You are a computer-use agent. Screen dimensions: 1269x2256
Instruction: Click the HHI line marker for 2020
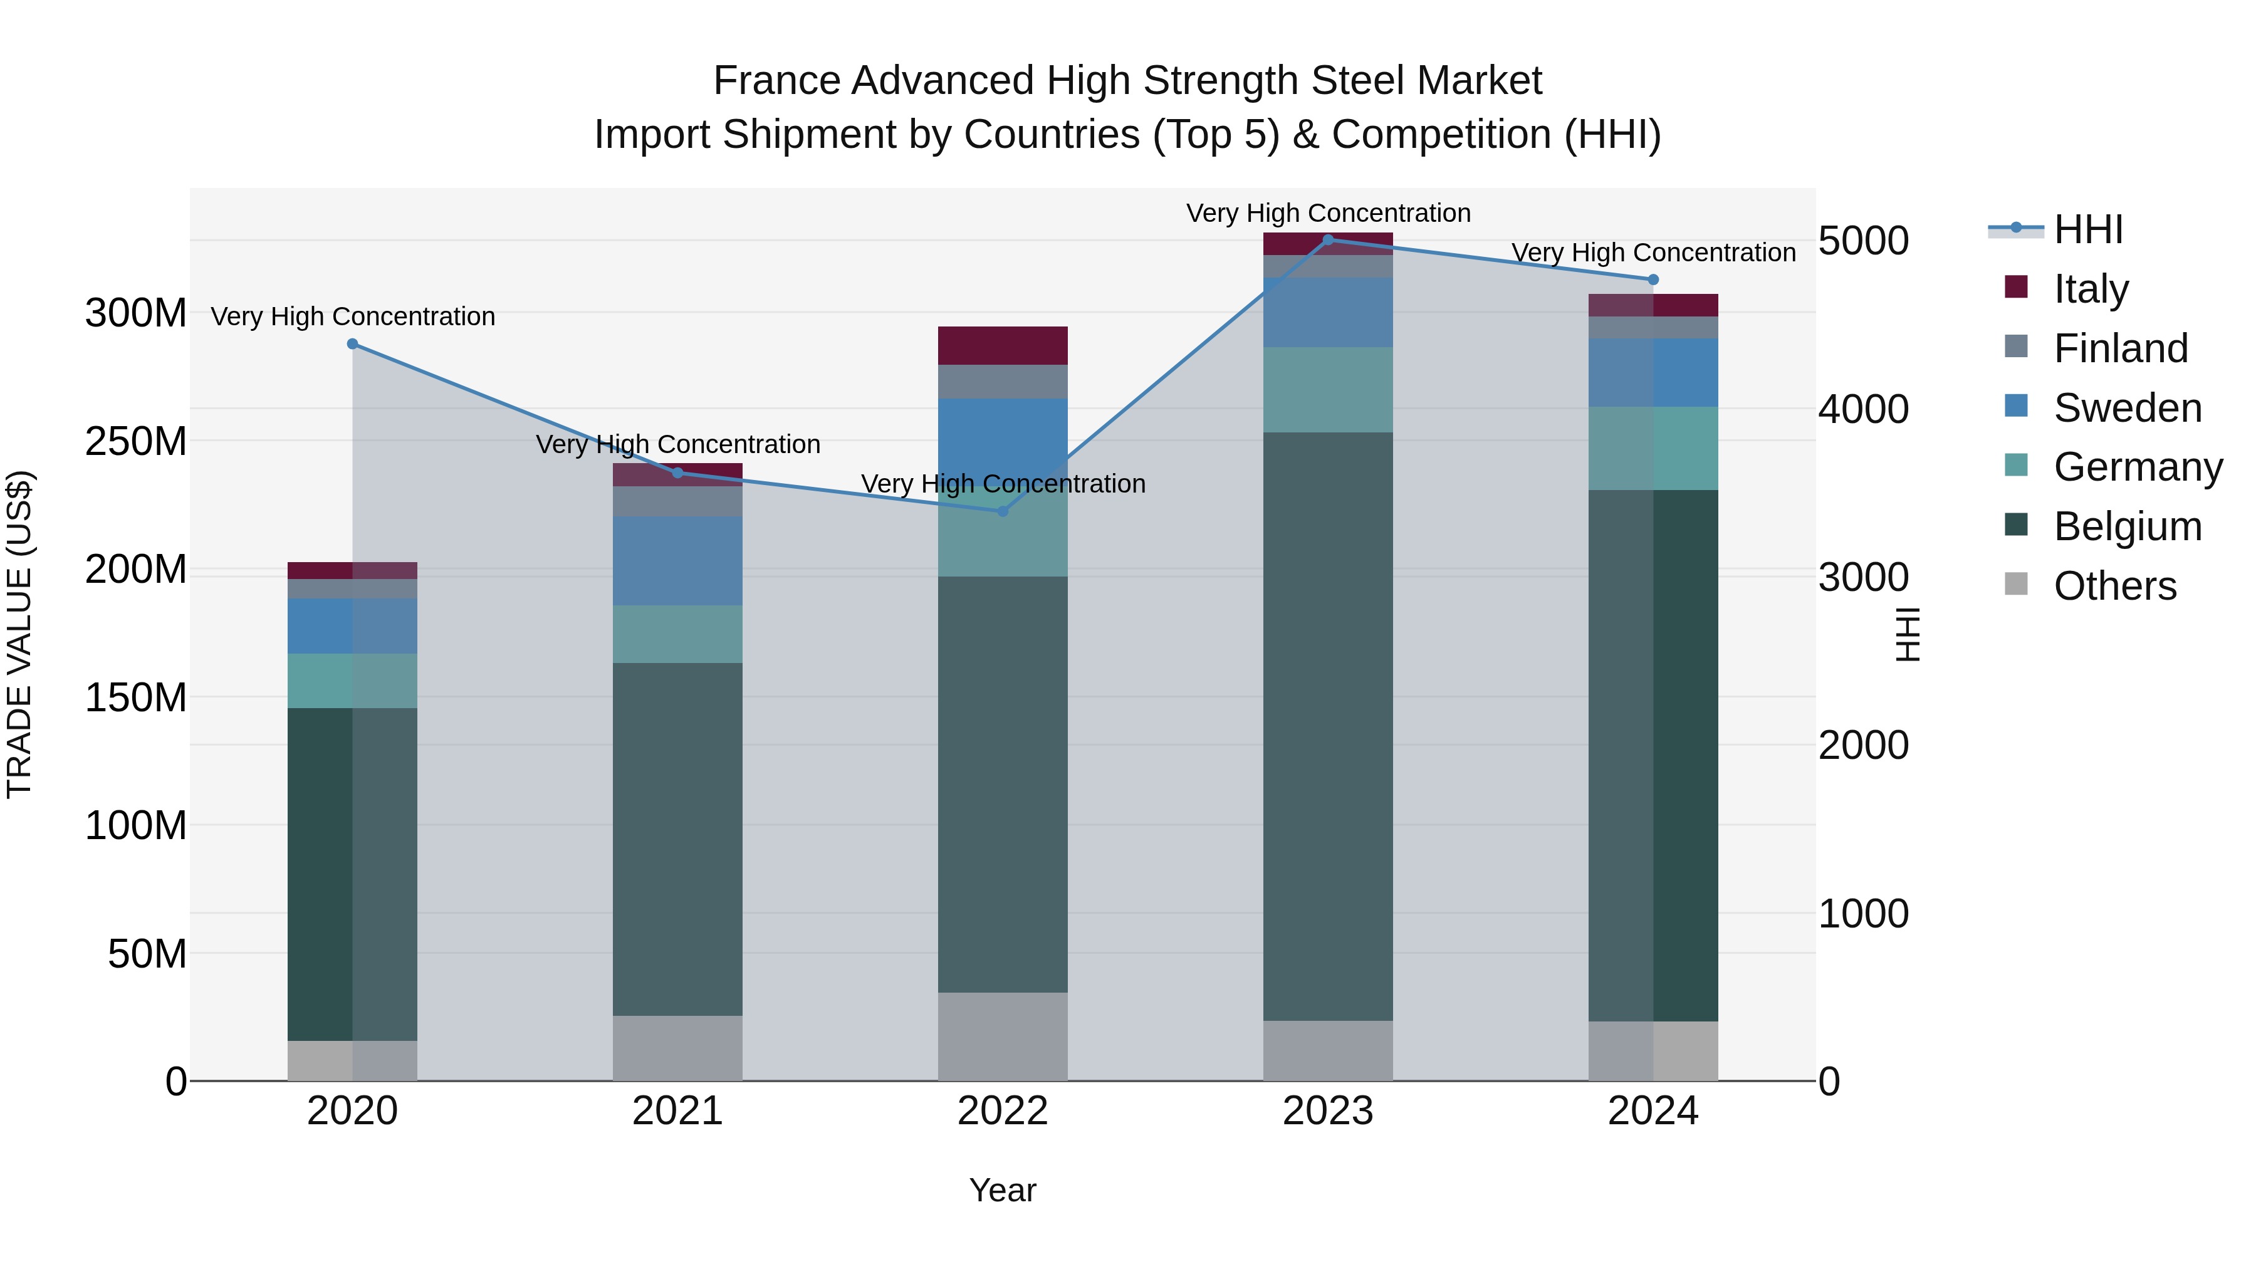tap(353, 344)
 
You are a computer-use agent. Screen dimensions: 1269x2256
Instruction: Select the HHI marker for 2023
tap(1328, 240)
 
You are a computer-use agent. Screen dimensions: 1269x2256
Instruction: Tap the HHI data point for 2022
tap(1003, 511)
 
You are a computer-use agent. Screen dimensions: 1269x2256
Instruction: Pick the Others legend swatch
tap(2016, 584)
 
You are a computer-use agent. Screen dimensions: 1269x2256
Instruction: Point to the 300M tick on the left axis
tap(136, 313)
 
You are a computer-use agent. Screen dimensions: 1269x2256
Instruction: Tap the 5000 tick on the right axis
tap(1863, 241)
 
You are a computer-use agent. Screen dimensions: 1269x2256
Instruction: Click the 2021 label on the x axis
tap(677, 1111)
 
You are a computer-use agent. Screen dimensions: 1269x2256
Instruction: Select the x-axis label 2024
tap(1653, 1111)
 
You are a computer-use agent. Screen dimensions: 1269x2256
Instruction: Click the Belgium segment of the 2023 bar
tap(1328, 727)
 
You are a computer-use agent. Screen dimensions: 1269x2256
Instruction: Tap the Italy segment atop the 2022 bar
tap(1003, 346)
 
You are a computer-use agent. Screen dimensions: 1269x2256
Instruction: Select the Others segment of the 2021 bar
tap(677, 1048)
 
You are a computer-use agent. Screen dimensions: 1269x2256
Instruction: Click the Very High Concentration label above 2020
tap(353, 316)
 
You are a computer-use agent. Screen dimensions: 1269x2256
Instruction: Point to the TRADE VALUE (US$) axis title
tap(19, 634)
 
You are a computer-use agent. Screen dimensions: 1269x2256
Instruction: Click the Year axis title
tap(1003, 1190)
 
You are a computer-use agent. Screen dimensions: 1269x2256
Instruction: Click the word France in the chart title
tap(776, 81)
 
